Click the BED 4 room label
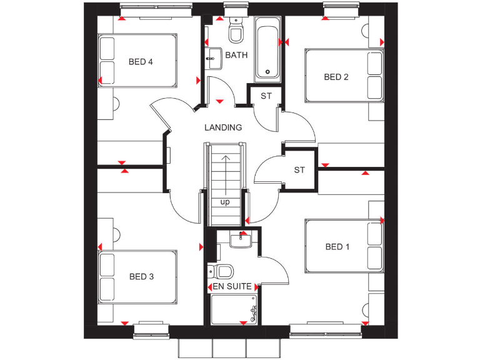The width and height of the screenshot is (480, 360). point(141,61)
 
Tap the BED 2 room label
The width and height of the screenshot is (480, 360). point(336,77)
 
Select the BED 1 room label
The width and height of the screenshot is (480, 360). point(337,247)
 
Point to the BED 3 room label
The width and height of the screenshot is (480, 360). point(141,276)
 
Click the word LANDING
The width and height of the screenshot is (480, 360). point(223,127)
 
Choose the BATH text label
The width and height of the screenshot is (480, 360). point(236,55)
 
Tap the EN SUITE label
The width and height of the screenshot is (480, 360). point(232,286)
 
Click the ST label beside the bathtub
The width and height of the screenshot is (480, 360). point(266,96)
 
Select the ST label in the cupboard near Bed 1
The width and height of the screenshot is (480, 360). point(299,170)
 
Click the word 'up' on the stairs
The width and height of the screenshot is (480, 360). point(224,202)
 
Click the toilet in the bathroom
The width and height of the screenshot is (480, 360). point(236,31)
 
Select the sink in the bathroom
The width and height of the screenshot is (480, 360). point(212,57)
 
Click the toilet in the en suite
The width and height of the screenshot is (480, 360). point(222,271)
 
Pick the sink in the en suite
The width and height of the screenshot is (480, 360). point(240,239)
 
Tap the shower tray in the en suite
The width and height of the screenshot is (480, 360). point(235,309)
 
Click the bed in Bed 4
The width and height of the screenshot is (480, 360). point(137,61)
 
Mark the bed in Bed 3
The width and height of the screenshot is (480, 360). point(137,277)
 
